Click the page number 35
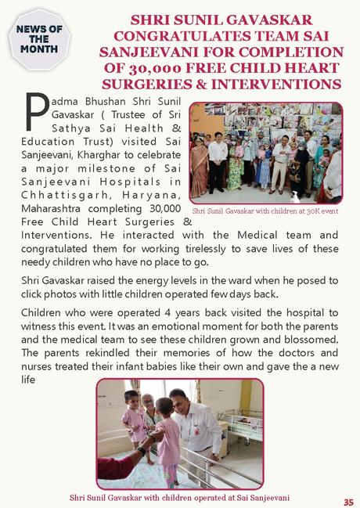click(x=347, y=501)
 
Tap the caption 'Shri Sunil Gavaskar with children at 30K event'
click(x=265, y=211)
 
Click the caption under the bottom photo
click(x=178, y=496)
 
